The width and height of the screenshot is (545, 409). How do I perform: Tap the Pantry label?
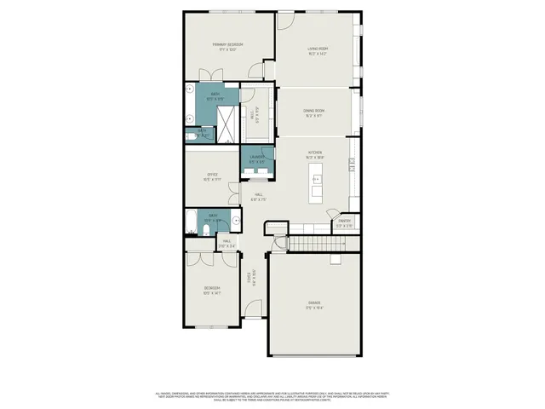tap(344, 223)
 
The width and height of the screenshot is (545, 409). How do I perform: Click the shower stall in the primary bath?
tap(227, 114)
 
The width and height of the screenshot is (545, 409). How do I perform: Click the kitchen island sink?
tap(316, 180)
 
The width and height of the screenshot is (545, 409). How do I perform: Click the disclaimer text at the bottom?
tap(272, 396)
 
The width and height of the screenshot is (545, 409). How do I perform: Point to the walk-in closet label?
tap(256, 114)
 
